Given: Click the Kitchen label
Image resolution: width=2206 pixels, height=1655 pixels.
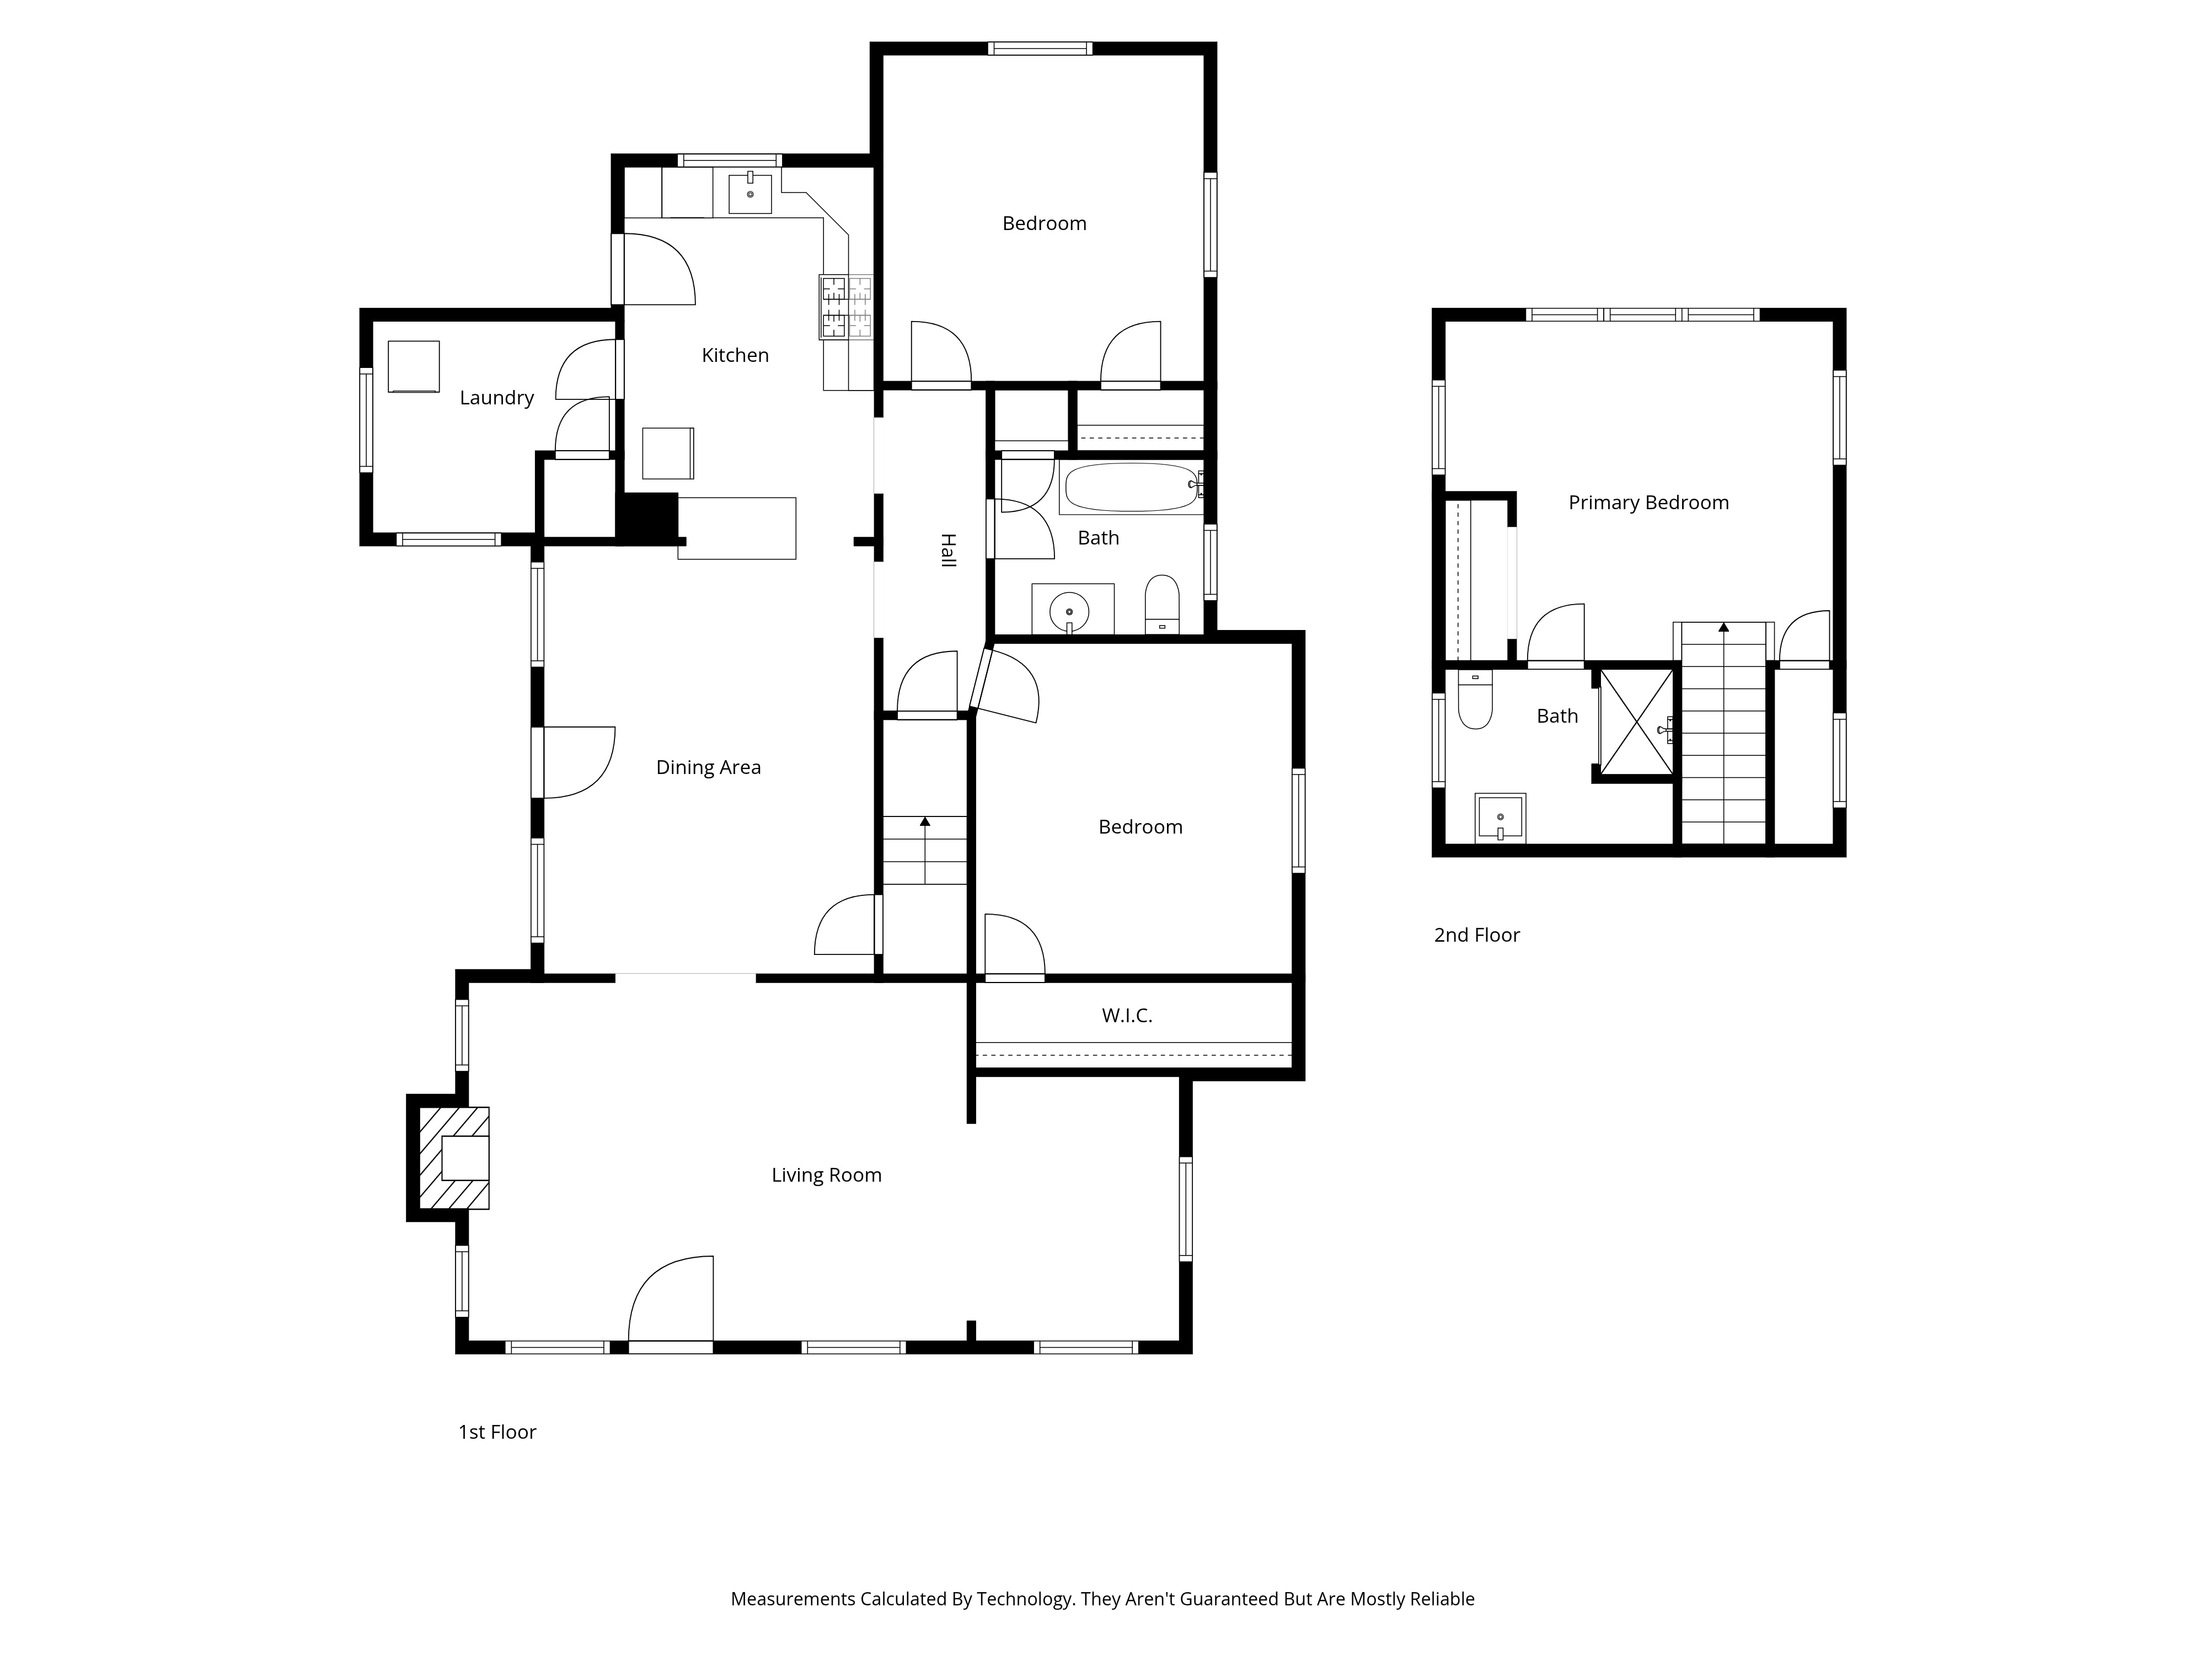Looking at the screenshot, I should coord(735,355).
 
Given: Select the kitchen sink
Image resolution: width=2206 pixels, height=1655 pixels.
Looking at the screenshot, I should coord(750,194).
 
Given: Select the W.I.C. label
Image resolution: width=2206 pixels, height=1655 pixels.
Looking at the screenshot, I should coord(1127,1016).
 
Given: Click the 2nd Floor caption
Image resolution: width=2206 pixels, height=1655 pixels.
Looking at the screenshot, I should coord(1476,935).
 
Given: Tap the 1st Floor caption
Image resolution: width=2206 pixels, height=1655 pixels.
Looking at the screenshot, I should coord(497,1432).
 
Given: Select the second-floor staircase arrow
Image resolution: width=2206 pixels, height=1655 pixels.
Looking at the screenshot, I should coord(1723,627).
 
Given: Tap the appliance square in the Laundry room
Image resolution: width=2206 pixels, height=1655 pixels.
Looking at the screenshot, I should coord(414,366).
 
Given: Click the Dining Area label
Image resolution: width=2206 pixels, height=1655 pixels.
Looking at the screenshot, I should coord(708,767).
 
